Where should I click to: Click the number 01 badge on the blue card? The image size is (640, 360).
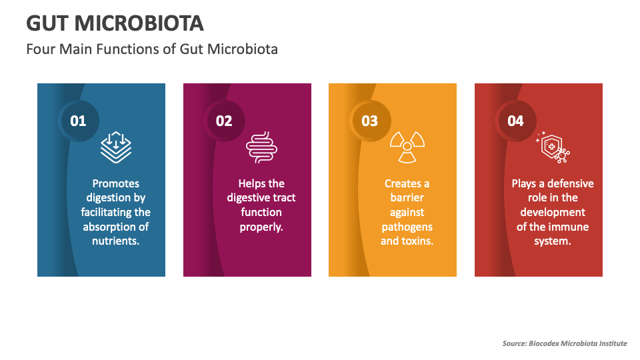pyautogui.click(x=79, y=121)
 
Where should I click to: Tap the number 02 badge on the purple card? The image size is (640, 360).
pyautogui.click(x=224, y=121)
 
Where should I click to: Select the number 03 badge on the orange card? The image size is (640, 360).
pyautogui.click(x=369, y=121)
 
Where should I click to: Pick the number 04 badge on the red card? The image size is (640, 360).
pyautogui.click(x=515, y=121)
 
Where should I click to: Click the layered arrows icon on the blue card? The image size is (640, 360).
pyautogui.click(x=116, y=147)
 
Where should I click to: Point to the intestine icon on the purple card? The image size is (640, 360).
pyautogui.click(x=261, y=147)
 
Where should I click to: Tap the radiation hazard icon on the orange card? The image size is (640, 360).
pyautogui.click(x=407, y=147)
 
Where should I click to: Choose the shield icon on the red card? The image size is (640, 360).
pyautogui.click(x=552, y=147)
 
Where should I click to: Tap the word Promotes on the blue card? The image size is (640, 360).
pyautogui.click(x=116, y=183)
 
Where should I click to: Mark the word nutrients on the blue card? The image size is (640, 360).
pyautogui.click(x=116, y=241)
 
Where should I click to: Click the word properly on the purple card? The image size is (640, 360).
pyautogui.click(x=261, y=227)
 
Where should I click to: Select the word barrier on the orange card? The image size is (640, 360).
pyautogui.click(x=407, y=197)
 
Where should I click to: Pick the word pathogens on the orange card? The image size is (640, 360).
pyautogui.click(x=407, y=227)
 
